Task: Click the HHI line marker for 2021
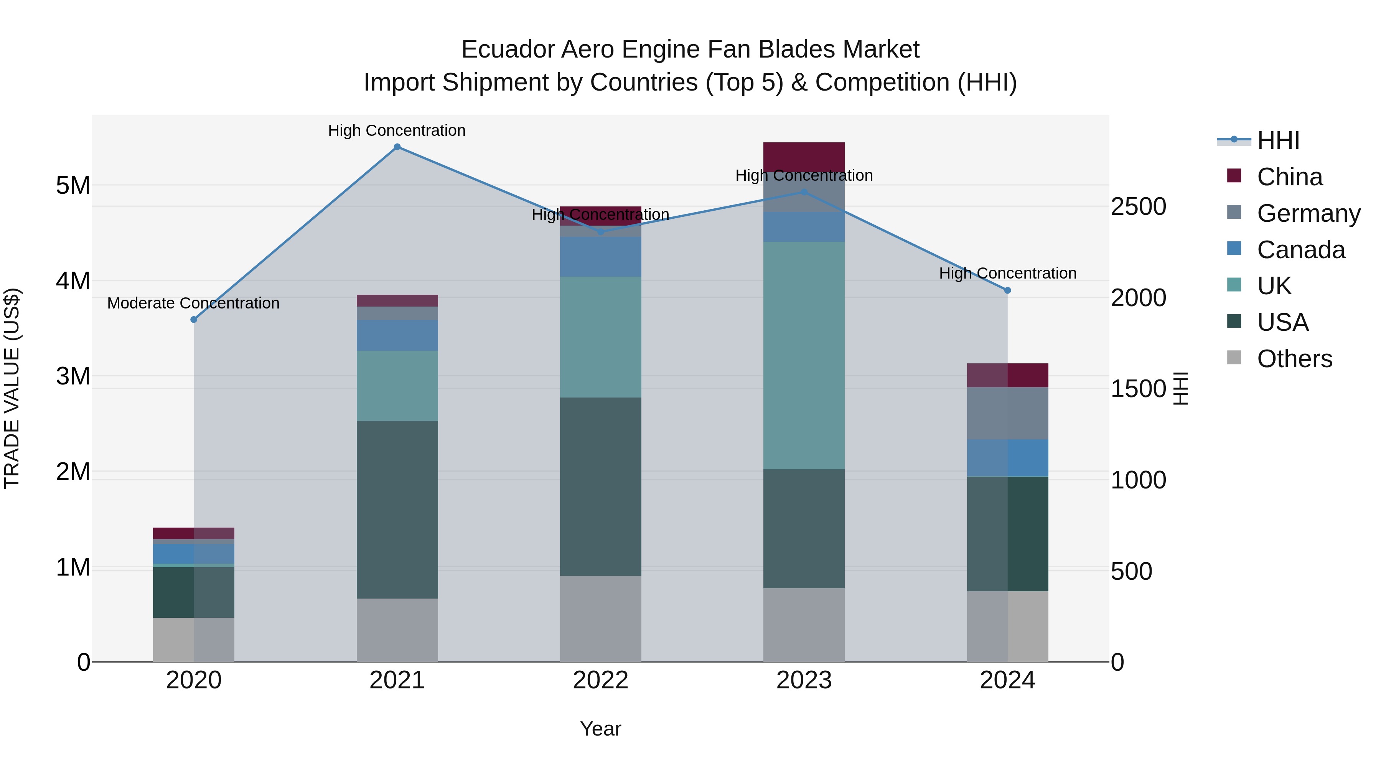397,147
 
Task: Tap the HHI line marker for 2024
1007,290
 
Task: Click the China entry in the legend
1289,177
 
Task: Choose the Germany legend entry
1308,213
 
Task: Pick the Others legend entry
1294,359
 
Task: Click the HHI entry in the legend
1278,140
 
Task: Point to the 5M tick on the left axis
73,186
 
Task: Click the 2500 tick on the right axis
1138,207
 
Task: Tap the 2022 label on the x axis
600,680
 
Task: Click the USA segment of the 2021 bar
397,510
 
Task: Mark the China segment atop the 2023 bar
804,157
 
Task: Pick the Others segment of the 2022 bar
600,619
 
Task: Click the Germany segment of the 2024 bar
1007,413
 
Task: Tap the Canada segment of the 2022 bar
600,257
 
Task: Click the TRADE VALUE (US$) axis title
12,388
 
